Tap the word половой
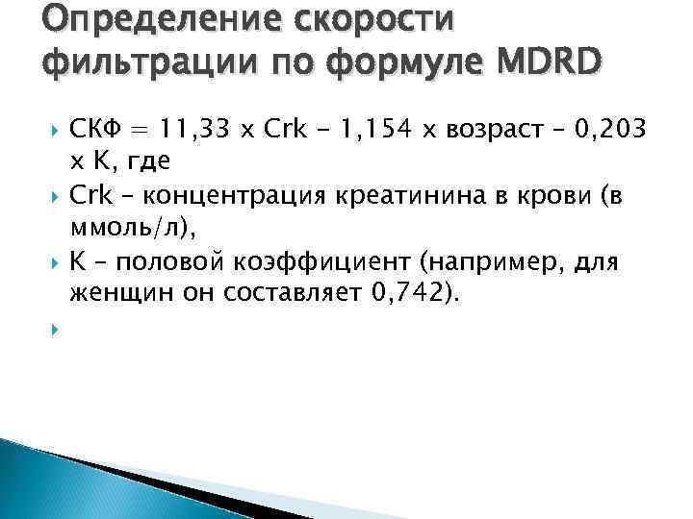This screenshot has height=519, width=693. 177,263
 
